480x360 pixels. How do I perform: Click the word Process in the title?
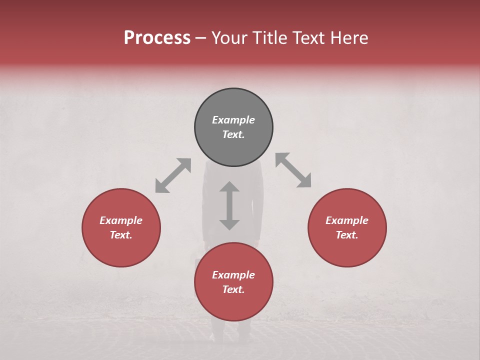(x=157, y=38)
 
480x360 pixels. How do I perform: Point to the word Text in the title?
(x=310, y=38)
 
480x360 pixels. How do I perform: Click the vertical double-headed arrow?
(x=229, y=205)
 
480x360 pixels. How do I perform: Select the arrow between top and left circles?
(x=173, y=175)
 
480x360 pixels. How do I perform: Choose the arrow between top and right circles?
(x=293, y=170)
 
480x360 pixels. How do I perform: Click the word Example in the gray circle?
(x=233, y=120)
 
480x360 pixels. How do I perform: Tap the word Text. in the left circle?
(x=121, y=235)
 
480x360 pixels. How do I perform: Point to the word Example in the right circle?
(x=347, y=220)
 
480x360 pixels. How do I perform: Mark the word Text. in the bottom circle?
(x=233, y=289)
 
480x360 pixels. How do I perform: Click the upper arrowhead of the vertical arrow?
(x=229, y=187)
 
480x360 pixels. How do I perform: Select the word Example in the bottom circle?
(x=233, y=275)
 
